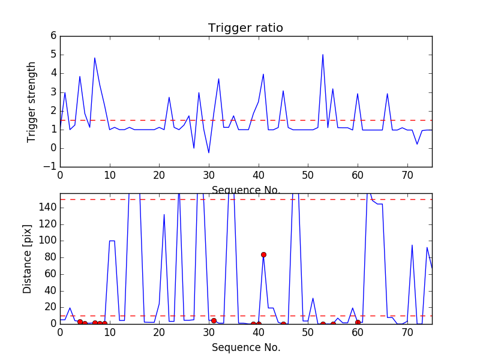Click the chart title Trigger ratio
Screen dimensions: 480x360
tap(245, 28)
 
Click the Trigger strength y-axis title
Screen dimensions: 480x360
tap(31, 102)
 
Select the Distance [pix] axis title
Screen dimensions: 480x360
tap(27, 259)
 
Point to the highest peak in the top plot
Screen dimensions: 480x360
tap(323, 55)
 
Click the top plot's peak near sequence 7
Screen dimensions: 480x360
tap(95, 58)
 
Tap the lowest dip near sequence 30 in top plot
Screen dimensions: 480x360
tap(209, 152)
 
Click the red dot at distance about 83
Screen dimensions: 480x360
tap(263, 254)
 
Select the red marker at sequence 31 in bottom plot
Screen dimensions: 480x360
tap(214, 320)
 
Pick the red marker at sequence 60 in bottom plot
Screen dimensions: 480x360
tap(358, 322)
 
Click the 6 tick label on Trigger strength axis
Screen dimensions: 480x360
tap(53, 35)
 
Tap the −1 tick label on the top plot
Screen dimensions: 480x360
tap(50, 167)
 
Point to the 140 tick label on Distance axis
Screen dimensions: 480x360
tap(48, 208)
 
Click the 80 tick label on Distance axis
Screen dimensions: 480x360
tap(51, 257)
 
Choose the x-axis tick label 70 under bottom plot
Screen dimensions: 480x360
tap(407, 332)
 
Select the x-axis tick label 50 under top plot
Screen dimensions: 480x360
tap(308, 175)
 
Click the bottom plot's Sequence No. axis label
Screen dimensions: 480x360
tap(246, 347)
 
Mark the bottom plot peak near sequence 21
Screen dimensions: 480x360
tap(164, 215)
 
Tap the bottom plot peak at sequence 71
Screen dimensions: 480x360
tap(412, 245)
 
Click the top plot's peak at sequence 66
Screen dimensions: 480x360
tap(387, 94)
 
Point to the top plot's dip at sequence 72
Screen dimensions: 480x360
tap(417, 144)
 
